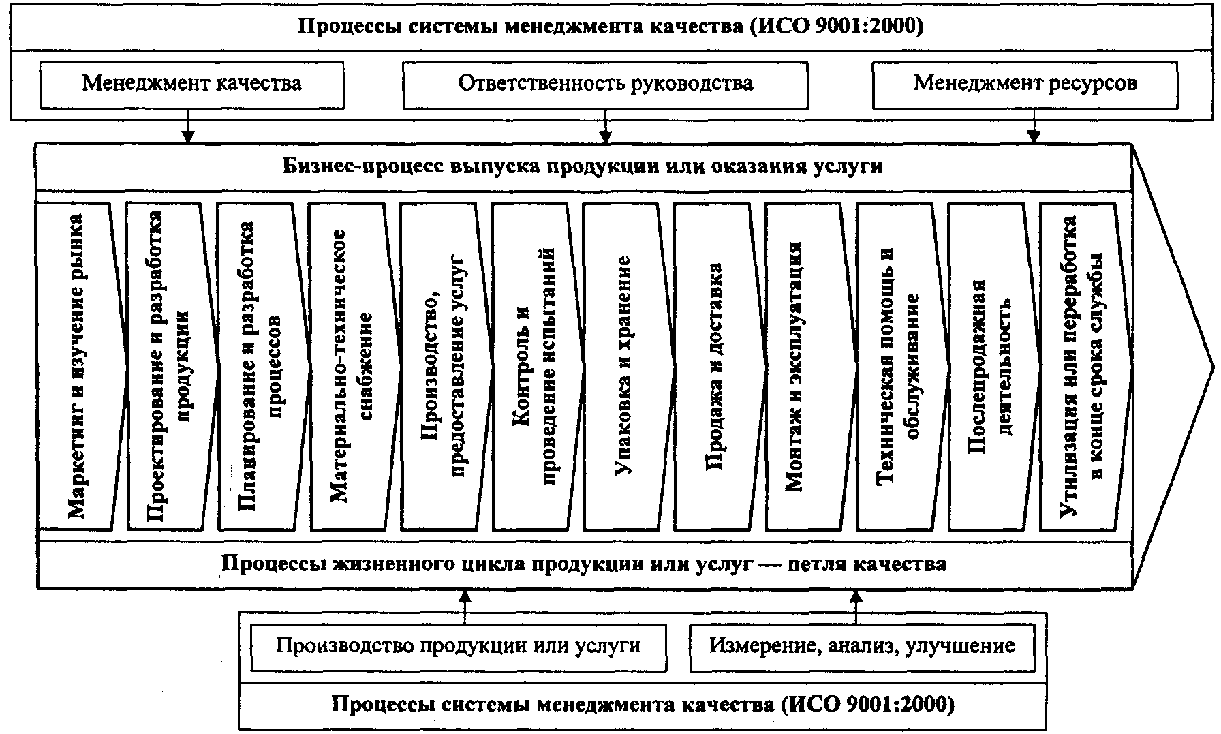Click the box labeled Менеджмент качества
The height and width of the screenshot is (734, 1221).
click(191, 85)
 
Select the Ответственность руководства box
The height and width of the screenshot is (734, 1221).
click(605, 85)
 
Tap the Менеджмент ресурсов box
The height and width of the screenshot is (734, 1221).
click(1025, 85)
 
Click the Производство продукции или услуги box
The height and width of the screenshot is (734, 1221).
click(458, 645)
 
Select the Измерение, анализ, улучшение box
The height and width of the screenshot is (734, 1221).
click(862, 645)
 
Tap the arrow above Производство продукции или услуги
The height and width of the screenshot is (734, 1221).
click(465, 603)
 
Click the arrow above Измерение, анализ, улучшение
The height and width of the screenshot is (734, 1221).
click(856, 603)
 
